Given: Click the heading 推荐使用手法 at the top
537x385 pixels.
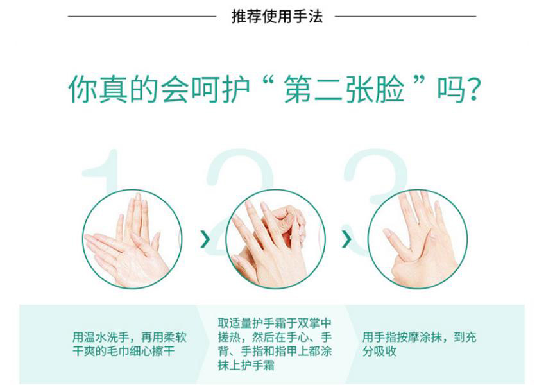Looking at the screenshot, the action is coord(277,16).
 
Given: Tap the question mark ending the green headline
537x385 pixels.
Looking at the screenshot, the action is coord(473,90).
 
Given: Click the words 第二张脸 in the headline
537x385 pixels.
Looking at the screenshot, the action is coord(344,89).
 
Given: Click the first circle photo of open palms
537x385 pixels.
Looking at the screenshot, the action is coord(132,239).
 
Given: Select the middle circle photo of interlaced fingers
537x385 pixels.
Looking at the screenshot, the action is coord(275,239).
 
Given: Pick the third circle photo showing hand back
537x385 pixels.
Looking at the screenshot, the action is coord(418,239).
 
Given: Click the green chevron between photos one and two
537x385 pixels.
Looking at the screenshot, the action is coord(205,239).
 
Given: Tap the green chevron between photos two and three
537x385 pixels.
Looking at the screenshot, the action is coord(346,239).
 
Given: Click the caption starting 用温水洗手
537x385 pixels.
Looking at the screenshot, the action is coord(130,344).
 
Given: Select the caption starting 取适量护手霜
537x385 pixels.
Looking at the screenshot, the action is coord(275,344).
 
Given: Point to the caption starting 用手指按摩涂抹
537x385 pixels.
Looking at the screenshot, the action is coord(419,344).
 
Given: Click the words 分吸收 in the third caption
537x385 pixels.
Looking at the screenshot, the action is coord(379,352).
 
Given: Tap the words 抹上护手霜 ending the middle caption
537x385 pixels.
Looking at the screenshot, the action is coord(246,366).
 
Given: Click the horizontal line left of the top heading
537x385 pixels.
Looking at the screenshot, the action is coord(142,16).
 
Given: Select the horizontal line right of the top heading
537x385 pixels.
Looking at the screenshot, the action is coord(405,16).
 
